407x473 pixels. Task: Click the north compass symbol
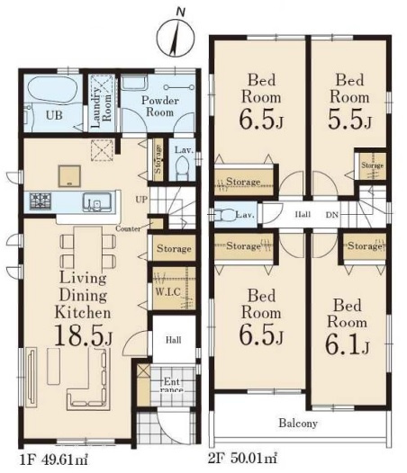pyautogui.click(x=176, y=38)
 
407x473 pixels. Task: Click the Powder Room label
pyautogui.click(x=160, y=106)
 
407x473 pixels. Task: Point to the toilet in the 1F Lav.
pyautogui.click(x=183, y=168)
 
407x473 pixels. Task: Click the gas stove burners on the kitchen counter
pyautogui.click(x=41, y=201)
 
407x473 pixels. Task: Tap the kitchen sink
pyautogui.click(x=96, y=201)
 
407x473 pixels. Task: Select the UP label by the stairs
pyautogui.click(x=141, y=199)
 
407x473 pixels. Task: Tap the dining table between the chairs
pyautogui.click(x=88, y=247)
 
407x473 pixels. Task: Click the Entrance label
pyautogui.click(x=171, y=386)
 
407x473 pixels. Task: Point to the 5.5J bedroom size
pyautogui.click(x=349, y=120)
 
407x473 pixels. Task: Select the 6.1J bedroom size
pyautogui.click(x=348, y=344)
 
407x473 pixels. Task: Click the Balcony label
pyautogui.click(x=298, y=424)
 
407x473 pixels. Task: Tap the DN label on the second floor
pyautogui.click(x=331, y=215)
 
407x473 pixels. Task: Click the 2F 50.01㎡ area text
pyautogui.click(x=242, y=459)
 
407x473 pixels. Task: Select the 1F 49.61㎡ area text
pyautogui.click(x=54, y=460)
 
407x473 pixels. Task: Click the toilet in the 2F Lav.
pyautogui.click(x=224, y=214)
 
